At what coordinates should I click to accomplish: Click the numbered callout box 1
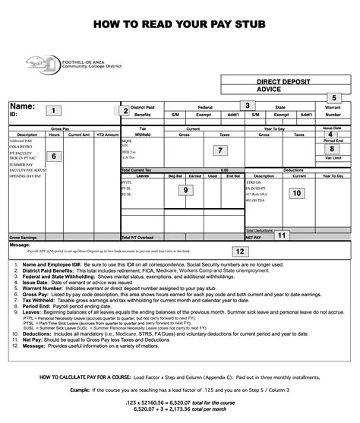pos(52,111)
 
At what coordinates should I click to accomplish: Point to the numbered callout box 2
pos(125,111)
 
